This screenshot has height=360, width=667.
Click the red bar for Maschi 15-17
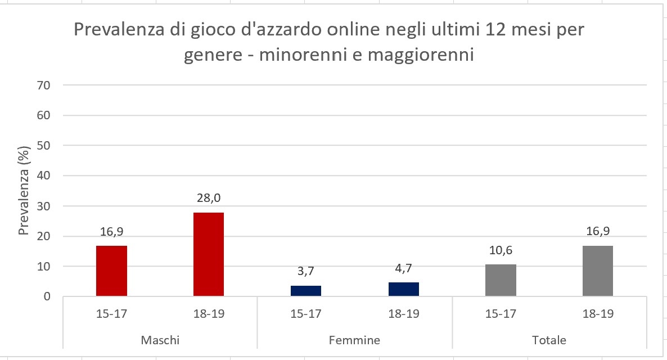[111, 271]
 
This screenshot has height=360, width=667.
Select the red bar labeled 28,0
[209, 254]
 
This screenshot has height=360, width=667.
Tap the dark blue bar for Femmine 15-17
[306, 290]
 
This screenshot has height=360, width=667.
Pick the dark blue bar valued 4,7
[403, 289]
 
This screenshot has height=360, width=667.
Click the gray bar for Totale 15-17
[501, 280]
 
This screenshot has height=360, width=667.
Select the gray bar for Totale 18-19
[598, 271]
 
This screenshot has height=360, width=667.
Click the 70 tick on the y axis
[44, 85]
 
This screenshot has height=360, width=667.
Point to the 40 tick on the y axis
[44, 175]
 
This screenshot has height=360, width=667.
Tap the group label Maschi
[160, 340]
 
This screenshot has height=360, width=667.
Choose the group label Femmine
[354, 340]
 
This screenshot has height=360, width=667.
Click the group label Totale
[549, 340]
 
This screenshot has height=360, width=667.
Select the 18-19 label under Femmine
[403, 313]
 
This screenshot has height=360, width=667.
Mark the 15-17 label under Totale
[501, 313]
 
